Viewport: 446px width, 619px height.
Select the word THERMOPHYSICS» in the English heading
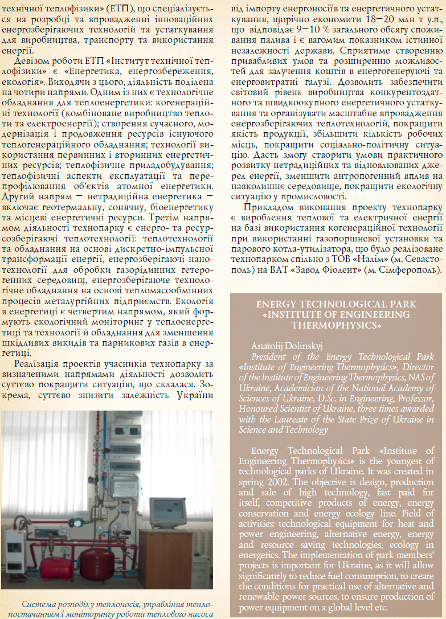(x=336, y=325)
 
